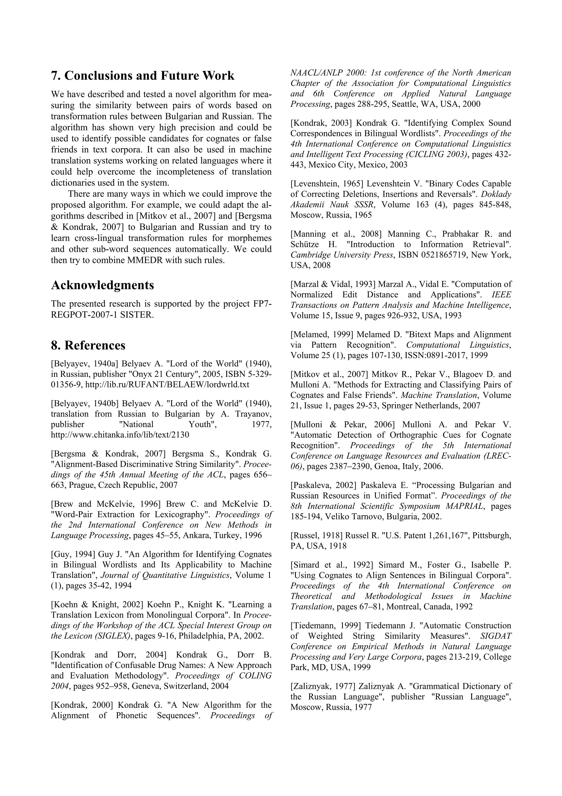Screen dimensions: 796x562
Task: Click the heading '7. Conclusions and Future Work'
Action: pos(143,76)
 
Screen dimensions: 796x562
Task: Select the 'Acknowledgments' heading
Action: pos(103,285)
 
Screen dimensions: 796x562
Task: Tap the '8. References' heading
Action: pos(88,345)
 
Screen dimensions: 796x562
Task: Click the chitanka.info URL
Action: pos(120,435)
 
